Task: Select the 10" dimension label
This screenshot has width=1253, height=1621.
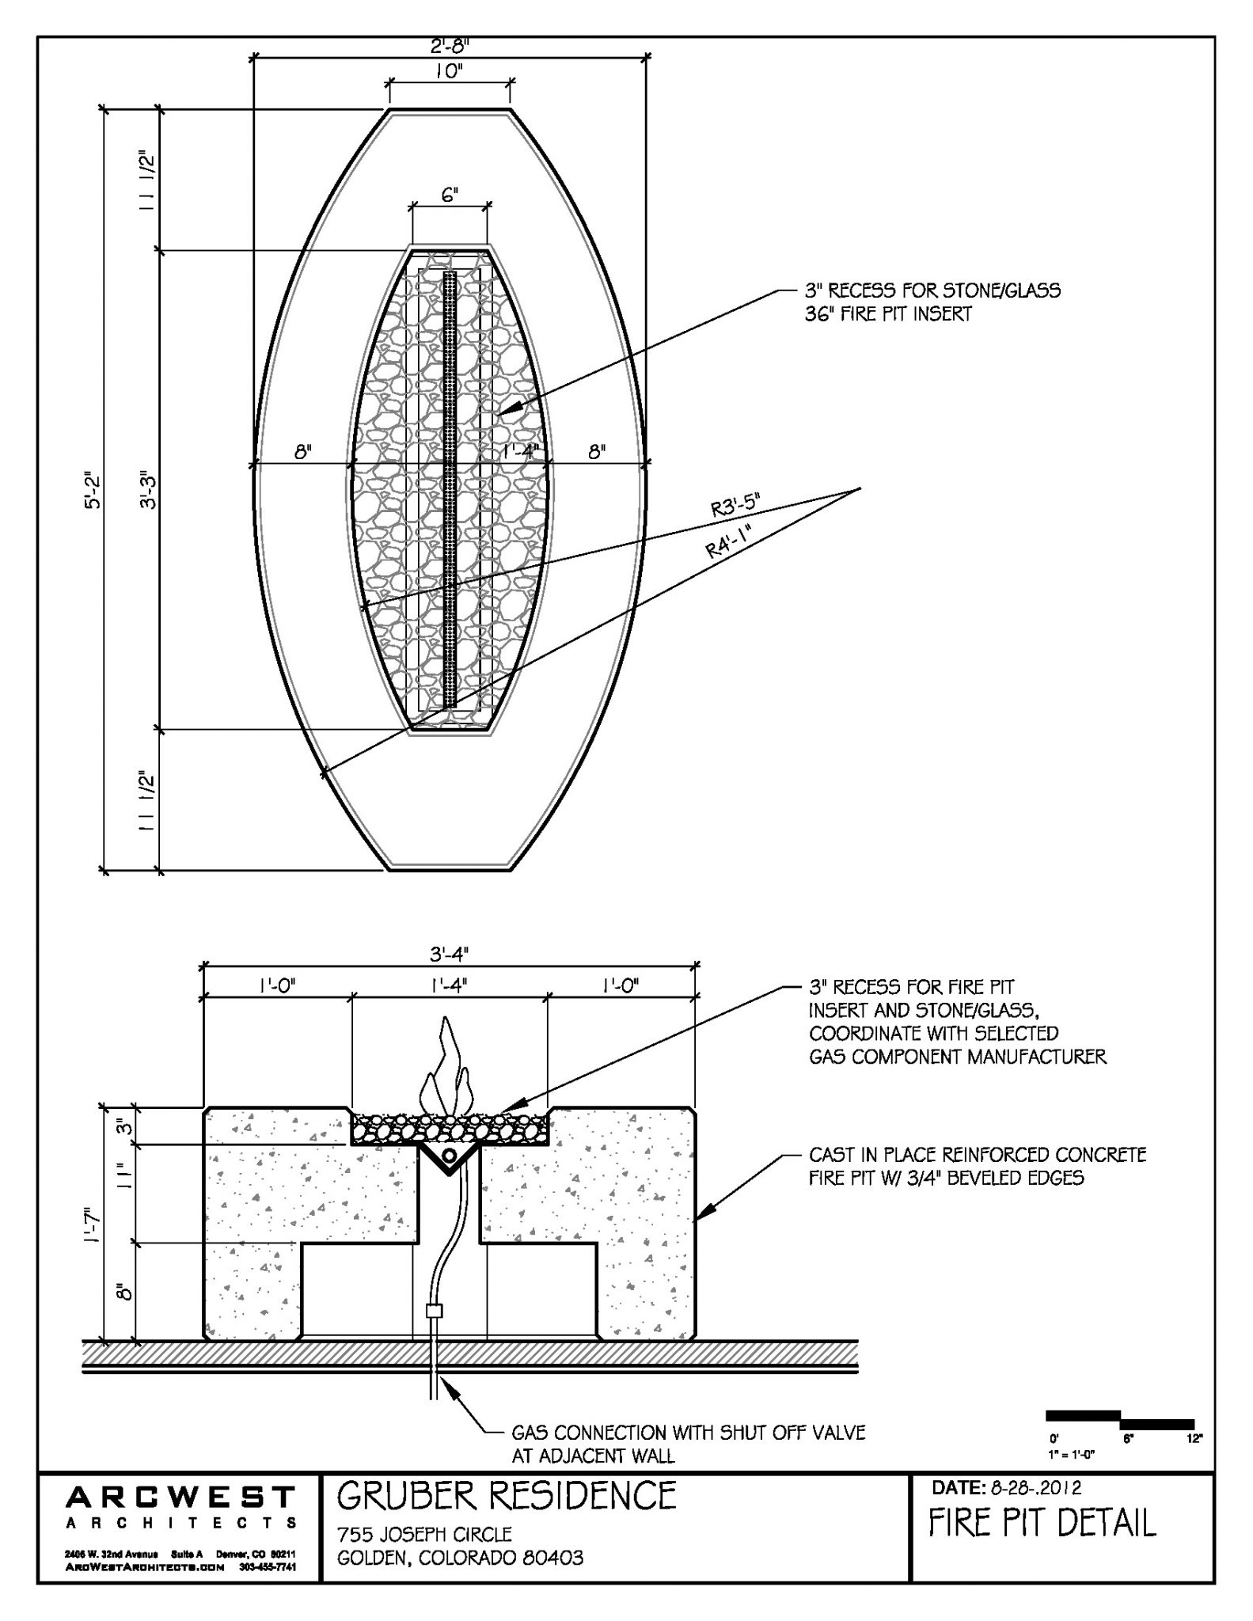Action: pos(449,71)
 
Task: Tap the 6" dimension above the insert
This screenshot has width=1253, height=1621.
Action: pos(450,196)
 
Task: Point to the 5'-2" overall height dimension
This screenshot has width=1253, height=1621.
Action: pos(93,492)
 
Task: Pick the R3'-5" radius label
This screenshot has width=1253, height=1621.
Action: pos(735,506)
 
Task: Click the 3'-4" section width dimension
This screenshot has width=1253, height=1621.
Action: pos(450,955)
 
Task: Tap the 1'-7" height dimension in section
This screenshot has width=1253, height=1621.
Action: pos(93,1224)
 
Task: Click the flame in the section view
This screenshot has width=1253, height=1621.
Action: pos(447,1070)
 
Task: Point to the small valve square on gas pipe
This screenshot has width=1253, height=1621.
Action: pos(433,1311)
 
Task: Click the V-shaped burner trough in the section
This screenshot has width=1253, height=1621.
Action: pos(449,1157)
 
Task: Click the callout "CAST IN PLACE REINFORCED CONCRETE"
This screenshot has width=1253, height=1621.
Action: pos(977,1155)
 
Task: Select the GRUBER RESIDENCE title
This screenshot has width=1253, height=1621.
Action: pos(507,1497)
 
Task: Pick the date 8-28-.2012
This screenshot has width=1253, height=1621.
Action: pos(1037,1489)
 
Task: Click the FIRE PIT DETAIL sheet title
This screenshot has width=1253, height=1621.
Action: pos(1042,1523)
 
